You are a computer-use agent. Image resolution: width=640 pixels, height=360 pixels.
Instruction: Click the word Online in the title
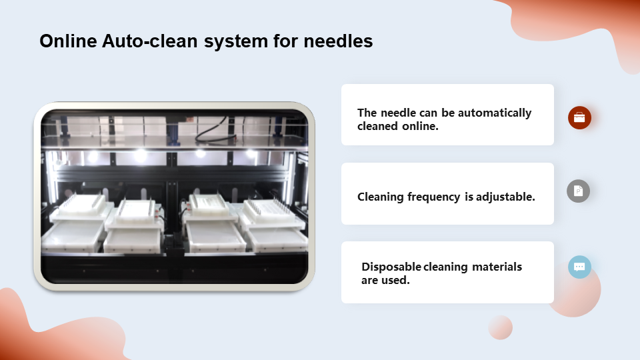tap(68, 41)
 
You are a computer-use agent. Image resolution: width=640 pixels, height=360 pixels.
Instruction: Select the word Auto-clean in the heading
tap(150, 41)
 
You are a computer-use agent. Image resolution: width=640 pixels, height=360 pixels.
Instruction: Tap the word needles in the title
tap(338, 41)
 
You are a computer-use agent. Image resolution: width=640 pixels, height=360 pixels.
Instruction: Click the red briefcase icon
tap(579, 117)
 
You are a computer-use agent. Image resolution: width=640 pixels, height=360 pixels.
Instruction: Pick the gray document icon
tap(579, 191)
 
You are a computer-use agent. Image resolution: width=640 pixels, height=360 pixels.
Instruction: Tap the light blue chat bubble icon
tap(579, 267)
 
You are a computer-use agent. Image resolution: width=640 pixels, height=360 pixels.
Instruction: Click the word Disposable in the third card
tap(391, 267)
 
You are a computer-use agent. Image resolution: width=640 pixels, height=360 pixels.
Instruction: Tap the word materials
tap(497, 267)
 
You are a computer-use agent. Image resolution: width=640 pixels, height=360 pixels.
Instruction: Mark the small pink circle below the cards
tap(501, 327)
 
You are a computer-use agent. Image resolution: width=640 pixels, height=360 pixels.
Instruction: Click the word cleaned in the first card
tap(377, 126)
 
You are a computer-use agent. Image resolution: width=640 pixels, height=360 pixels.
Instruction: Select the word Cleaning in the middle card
tap(381, 197)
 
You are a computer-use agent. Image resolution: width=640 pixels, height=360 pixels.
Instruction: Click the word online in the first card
tap(421, 126)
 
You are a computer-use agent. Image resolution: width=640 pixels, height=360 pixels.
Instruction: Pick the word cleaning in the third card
tap(446, 267)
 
